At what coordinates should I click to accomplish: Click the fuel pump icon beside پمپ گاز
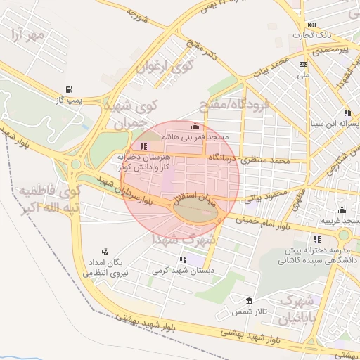point(68,89)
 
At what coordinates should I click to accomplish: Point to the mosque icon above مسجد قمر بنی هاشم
point(195,126)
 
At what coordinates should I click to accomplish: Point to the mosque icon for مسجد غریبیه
point(342,210)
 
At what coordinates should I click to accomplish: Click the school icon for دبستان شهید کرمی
point(182,260)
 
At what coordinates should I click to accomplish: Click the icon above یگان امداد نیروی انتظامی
point(105,251)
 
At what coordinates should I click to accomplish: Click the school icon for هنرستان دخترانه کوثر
point(143,146)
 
